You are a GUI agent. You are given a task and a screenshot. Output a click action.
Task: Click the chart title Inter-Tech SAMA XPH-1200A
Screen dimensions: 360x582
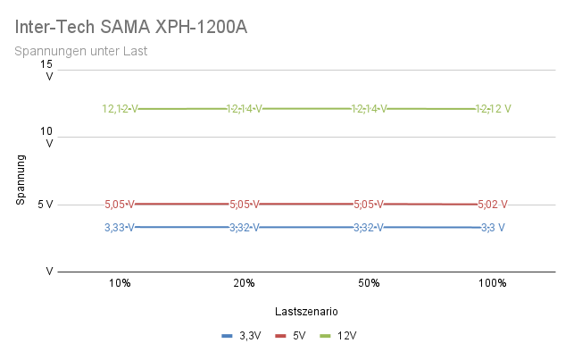[x=131, y=28]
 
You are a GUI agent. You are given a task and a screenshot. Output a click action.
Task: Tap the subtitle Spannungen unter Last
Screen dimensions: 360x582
[x=81, y=51]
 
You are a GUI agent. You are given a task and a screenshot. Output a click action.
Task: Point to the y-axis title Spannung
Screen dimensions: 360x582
[x=21, y=180]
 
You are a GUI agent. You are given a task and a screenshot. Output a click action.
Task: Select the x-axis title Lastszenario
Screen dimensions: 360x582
[x=306, y=311]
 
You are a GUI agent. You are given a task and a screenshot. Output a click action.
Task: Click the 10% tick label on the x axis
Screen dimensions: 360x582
[x=120, y=283]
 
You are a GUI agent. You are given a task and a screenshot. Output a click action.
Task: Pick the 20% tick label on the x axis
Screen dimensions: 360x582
[x=244, y=283]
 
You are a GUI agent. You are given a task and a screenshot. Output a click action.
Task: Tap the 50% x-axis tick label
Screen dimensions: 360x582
[x=369, y=283]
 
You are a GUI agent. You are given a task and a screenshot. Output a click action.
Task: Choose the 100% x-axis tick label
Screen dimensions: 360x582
[x=493, y=283]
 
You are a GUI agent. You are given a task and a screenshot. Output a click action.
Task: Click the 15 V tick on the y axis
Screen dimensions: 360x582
[x=47, y=70]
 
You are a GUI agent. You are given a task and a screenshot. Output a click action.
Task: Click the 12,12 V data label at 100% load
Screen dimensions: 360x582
[x=494, y=109]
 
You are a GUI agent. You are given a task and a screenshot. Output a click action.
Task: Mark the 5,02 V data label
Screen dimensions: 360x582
[x=494, y=204]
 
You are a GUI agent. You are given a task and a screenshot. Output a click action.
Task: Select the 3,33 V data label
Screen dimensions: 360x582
[x=120, y=227]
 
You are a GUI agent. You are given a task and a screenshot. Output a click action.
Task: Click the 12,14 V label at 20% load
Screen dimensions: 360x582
[x=244, y=109]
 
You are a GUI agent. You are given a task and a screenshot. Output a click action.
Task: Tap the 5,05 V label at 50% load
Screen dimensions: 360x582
[x=369, y=204]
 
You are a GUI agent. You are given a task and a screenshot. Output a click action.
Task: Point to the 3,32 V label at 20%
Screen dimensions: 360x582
[x=244, y=227]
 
